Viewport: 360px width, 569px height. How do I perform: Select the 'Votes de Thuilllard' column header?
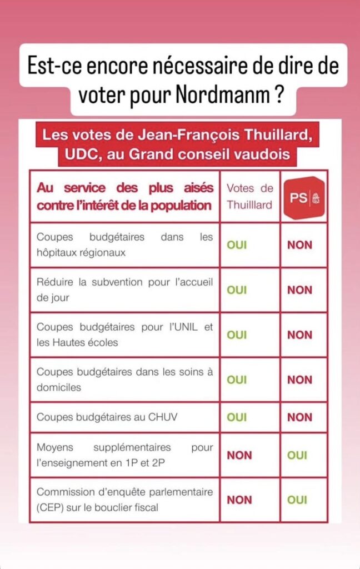(249, 197)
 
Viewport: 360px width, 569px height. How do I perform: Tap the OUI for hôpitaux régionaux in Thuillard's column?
(237, 245)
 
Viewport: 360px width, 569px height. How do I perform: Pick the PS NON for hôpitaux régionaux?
(299, 245)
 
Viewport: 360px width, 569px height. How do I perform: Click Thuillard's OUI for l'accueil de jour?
(237, 290)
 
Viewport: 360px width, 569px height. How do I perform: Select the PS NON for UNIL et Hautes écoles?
(299, 335)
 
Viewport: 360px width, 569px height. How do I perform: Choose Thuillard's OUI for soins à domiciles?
(237, 380)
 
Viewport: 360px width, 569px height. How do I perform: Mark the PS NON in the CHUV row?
(299, 417)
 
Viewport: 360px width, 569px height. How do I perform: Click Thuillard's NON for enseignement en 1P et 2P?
(239, 455)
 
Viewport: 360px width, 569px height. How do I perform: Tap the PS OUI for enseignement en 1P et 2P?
(297, 455)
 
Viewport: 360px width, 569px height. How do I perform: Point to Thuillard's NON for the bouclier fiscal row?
(239, 500)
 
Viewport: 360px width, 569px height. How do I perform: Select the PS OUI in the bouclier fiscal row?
(297, 500)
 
